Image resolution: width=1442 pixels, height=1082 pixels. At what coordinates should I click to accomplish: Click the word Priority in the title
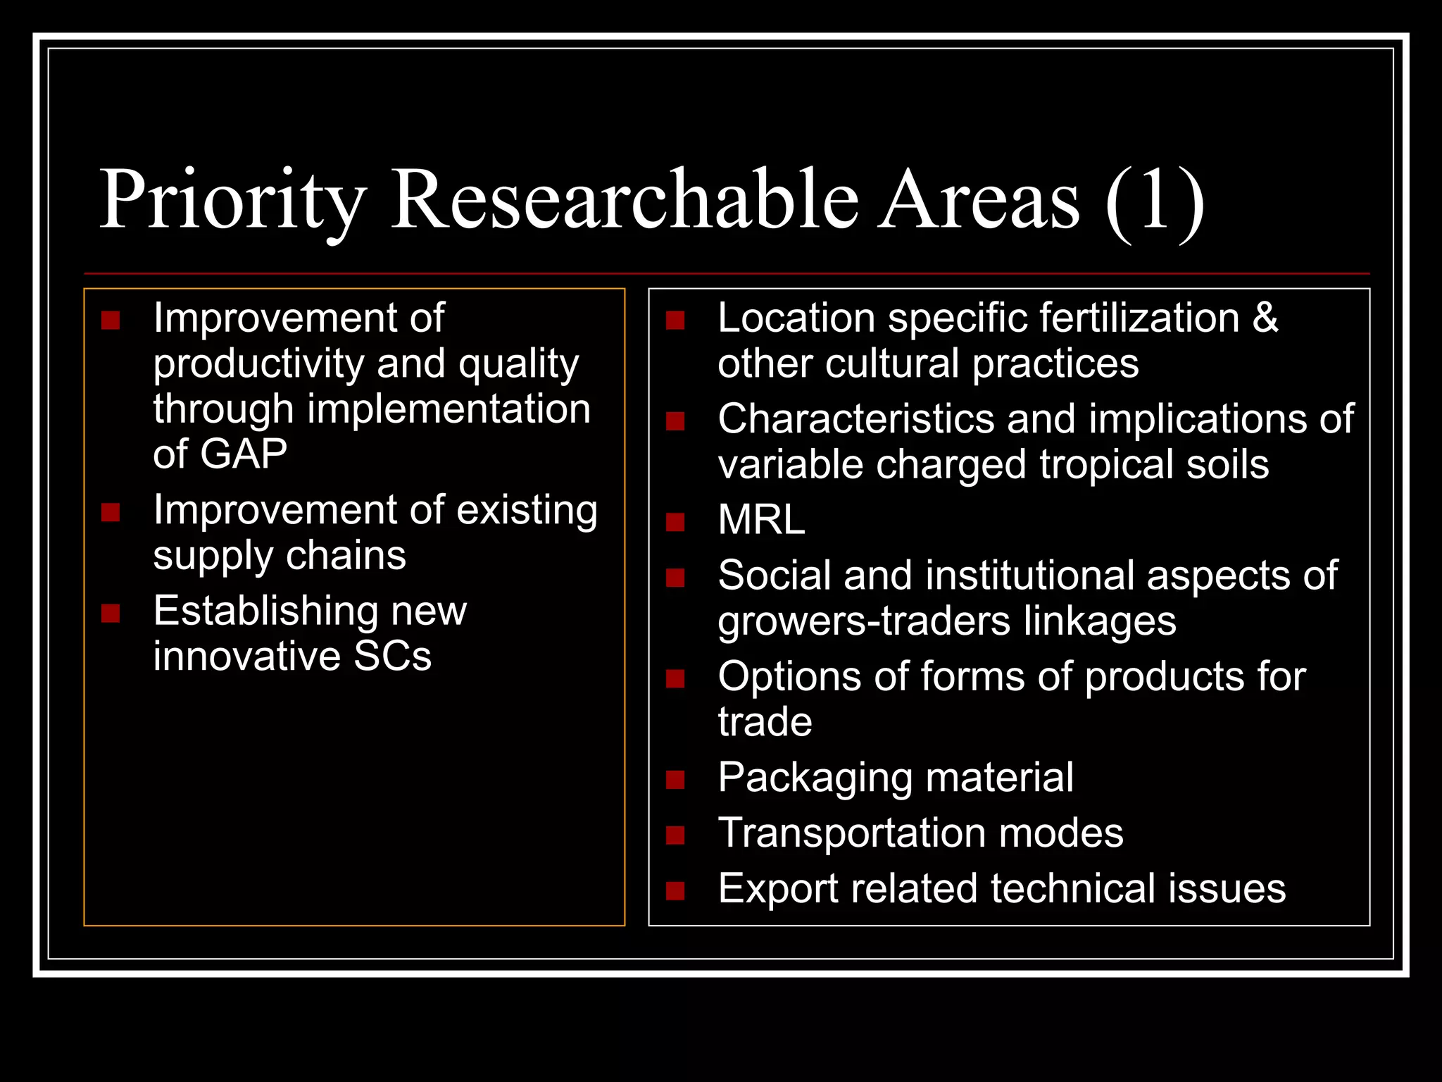[232, 201]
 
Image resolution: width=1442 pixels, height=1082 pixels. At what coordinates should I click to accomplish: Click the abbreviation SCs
[392, 656]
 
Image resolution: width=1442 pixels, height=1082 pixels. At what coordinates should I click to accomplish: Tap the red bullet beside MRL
[675, 522]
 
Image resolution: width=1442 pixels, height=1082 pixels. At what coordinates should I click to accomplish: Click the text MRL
[761, 520]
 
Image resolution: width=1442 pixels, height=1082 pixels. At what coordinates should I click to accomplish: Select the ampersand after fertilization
[1265, 318]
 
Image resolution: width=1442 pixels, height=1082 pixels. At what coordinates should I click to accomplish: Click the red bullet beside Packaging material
[675, 780]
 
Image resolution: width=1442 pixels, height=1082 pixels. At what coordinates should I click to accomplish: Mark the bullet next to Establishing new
[111, 613]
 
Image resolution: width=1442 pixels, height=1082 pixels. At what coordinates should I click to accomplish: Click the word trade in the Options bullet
[765, 722]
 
